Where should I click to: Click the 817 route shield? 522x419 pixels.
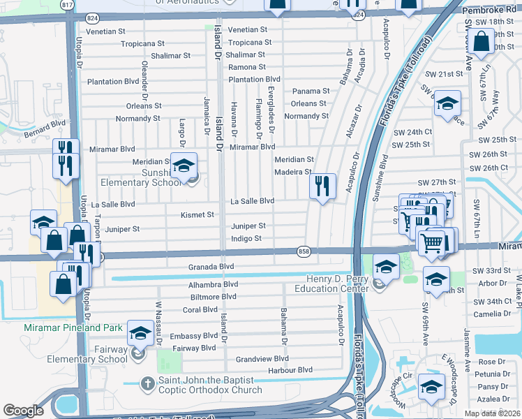coord(66,4)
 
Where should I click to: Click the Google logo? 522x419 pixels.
coord(24,411)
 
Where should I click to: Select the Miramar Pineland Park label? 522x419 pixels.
coord(73,328)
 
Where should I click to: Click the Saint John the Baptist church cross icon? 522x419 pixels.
coord(147,383)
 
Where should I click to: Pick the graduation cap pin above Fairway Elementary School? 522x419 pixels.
coord(140,334)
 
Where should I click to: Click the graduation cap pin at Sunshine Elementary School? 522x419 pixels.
coord(184,166)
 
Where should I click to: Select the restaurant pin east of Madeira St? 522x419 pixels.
coord(322,186)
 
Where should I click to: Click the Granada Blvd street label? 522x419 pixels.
coord(211,267)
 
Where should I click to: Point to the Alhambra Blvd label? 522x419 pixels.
coord(214,285)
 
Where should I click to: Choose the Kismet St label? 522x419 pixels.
coord(197,214)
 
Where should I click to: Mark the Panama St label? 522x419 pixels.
coord(311,91)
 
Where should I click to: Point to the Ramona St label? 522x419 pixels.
coord(247,67)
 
